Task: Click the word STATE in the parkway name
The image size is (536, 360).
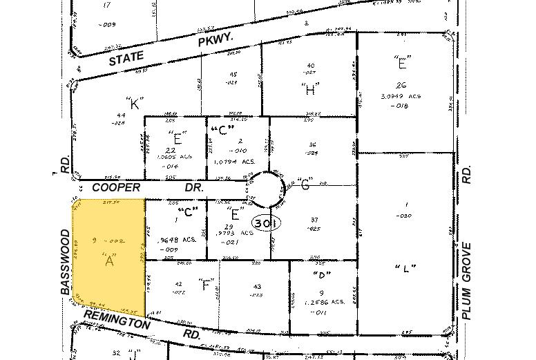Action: (x=127, y=59)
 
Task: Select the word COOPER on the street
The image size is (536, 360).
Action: (x=116, y=188)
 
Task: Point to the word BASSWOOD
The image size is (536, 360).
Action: (x=65, y=262)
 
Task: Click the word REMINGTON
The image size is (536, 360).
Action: (x=117, y=320)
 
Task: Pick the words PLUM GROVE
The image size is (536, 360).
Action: (x=467, y=281)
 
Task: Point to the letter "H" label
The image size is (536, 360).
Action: (x=309, y=89)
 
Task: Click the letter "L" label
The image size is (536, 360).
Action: (x=404, y=268)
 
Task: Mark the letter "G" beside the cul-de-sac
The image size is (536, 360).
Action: (x=305, y=185)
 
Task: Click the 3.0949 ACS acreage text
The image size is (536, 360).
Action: (x=401, y=96)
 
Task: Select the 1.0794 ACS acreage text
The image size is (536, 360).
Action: (x=227, y=162)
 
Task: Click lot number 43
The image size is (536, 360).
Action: (x=257, y=287)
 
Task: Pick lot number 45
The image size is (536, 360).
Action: (x=233, y=75)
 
